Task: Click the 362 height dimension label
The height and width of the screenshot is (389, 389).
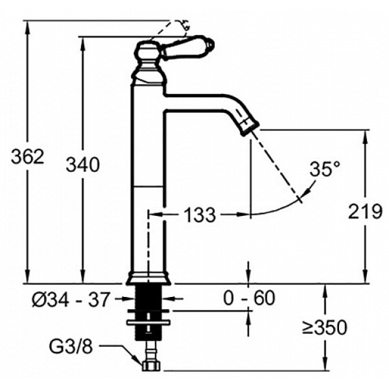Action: point(27,157)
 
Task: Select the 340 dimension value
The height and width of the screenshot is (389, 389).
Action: point(82,165)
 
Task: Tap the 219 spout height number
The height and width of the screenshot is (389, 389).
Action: point(365,211)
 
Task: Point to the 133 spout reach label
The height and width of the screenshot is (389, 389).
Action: point(200,215)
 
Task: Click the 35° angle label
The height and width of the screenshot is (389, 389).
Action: point(325,169)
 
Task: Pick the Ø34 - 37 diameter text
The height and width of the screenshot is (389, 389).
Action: point(71,300)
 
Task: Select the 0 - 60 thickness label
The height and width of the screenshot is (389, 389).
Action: point(249,298)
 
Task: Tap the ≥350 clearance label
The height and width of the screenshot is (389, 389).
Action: point(325,327)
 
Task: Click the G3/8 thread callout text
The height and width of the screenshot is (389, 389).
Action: point(71,347)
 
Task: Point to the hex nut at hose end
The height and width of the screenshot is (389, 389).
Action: point(151,366)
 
